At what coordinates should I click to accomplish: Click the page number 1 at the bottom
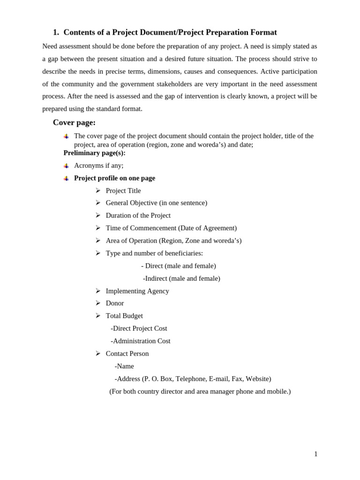[316, 454]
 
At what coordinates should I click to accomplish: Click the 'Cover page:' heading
[74, 122]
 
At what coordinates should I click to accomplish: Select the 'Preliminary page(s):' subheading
[94, 153]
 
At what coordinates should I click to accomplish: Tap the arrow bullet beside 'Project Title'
[98, 190]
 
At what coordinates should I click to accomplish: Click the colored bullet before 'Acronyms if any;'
[67, 165]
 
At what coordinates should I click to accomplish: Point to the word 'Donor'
[115, 303]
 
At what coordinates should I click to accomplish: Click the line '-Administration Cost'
[140, 341]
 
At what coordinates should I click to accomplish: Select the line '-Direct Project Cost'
[139, 328]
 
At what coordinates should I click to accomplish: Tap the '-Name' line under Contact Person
[124, 366]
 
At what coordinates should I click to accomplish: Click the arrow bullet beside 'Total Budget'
[98, 315]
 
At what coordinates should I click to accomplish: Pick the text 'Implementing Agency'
[137, 291]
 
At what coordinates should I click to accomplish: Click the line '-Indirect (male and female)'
[181, 278]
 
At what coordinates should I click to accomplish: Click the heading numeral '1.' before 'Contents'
[56, 32]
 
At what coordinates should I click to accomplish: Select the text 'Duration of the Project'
[138, 215]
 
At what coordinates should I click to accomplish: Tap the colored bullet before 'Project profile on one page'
[67, 178]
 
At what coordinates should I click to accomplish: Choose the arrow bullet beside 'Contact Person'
[98, 353]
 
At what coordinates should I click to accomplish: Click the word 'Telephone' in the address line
[189, 379]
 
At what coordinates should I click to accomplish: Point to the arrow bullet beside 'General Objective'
[98, 202]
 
